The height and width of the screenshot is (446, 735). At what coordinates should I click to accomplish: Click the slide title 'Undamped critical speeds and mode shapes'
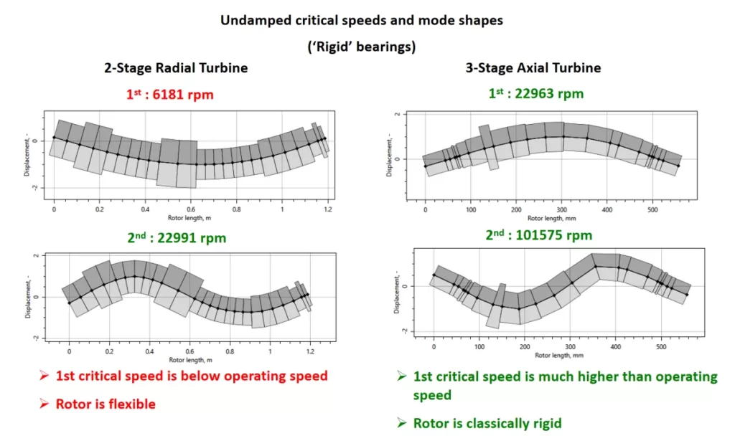(361, 20)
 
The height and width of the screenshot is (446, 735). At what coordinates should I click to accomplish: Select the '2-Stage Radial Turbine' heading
(177, 68)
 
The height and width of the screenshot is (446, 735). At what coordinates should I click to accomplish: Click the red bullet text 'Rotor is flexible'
(106, 404)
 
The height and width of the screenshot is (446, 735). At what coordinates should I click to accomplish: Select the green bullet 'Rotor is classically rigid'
(487, 423)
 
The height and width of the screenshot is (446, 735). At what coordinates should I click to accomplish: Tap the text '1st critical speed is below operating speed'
(192, 376)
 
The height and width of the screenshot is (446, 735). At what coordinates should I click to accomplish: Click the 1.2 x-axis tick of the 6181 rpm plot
(328, 209)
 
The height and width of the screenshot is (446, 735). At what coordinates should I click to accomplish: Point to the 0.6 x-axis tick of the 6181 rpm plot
(191, 209)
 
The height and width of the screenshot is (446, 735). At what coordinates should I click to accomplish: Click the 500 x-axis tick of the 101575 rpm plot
(660, 347)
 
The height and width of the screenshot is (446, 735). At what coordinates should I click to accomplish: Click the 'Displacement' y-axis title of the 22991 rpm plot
(27, 296)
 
